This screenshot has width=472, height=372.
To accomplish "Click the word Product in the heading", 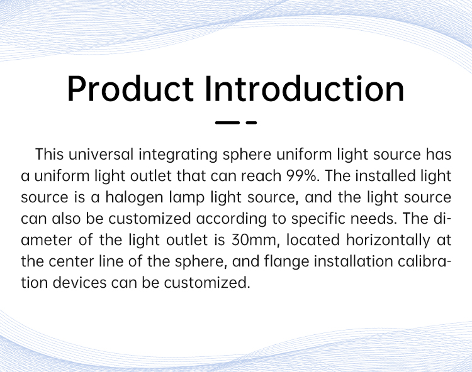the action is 130,89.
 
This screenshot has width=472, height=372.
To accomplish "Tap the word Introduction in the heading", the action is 305,89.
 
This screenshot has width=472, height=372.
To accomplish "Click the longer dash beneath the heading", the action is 227,123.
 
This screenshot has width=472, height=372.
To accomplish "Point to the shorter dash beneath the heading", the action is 251,123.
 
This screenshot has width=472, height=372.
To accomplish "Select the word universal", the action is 101,155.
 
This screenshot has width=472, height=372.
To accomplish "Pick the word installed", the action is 385,175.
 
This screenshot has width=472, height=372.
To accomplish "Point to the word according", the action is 232,219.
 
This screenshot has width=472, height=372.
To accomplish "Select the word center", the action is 71,262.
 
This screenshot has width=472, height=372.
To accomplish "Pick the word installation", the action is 354,261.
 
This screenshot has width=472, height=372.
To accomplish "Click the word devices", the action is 79,283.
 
